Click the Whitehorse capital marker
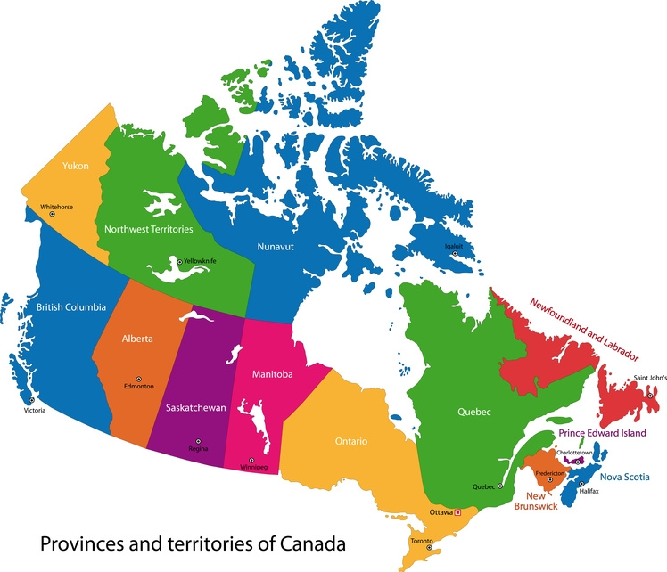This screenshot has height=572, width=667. [x=52, y=215]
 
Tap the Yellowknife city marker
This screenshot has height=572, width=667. [x=179, y=261]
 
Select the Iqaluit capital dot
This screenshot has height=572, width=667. [x=454, y=254]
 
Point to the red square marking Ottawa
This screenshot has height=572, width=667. [x=457, y=512]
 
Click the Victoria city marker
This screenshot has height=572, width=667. [x=32, y=400]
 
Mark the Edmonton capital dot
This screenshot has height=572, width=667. [x=138, y=379]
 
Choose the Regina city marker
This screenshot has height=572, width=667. [x=198, y=441]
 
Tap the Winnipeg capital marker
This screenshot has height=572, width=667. [x=251, y=460]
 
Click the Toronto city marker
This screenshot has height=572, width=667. [x=429, y=547]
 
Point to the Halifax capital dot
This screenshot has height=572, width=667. [x=581, y=483]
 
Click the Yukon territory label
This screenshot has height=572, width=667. [x=75, y=166]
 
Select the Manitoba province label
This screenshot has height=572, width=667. [x=272, y=374]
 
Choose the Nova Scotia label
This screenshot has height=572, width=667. [x=623, y=477]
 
